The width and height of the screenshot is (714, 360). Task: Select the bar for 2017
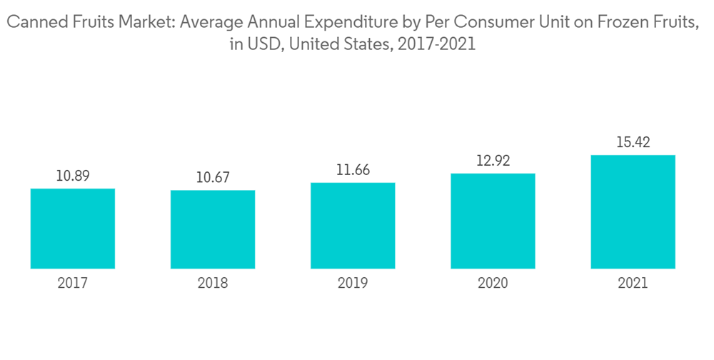pyautogui.click(x=73, y=229)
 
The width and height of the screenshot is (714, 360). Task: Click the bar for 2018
pyautogui.click(x=213, y=229)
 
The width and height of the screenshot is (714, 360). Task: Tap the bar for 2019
pyautogui.click(x=353, y=226)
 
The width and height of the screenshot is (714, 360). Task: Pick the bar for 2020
pyautogui.click(x=493, y=221)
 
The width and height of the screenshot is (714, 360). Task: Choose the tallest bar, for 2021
pyautogui.click(x=633, y=211)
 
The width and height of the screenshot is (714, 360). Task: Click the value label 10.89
pyautogui.click(x=73, y=175)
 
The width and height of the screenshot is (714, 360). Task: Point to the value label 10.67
pyautogui.click(x=213, y=177)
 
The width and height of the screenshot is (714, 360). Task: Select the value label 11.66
pyautogui.click(x=353, y=170)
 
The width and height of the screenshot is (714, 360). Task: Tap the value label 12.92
pyautogui.click(x=493, y=161)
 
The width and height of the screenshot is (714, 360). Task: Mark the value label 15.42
pyautogui.click(x=633, y=143)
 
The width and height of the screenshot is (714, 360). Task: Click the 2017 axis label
pyautogui.click(x=73, y=284)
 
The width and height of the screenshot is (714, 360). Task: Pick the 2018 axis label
pyautogui.click(x=213, y=284)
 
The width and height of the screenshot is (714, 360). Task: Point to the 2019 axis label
pyautogui.click(x=353, y=284)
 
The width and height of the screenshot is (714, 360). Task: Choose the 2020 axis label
pyautogui.click(x=493, y=284)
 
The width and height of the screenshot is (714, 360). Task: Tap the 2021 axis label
pyautogui.click(x=633, y=284)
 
